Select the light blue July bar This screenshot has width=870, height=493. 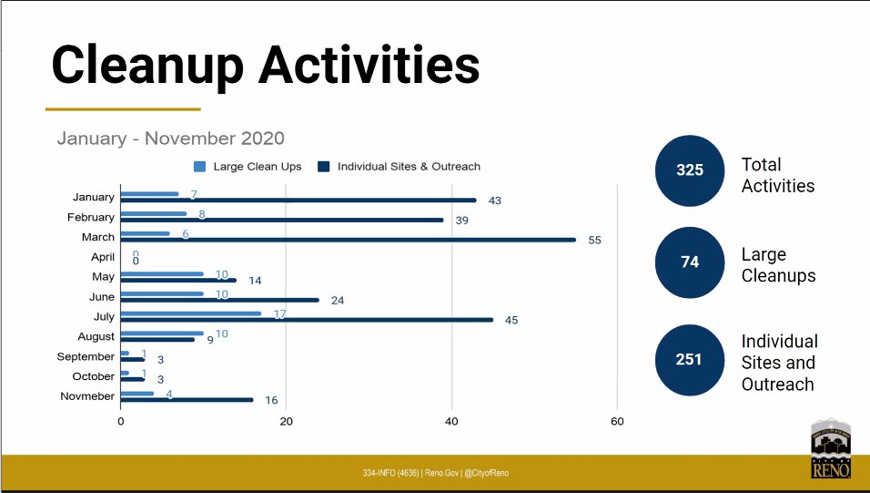pos(190,313)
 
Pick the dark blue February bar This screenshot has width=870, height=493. pos(281,220)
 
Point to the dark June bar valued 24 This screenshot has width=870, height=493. pos(219,300)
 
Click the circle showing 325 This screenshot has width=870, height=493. pos(690,170)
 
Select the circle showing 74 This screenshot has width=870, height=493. pos(690,262)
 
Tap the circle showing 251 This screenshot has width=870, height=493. pos(690,359)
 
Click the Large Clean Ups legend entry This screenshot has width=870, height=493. pos(248,167)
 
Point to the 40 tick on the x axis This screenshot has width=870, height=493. pos(451,421)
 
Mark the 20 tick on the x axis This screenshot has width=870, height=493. pos(286,421)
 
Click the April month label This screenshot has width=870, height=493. pos(102,257)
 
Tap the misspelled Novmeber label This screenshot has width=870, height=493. pos(87,396)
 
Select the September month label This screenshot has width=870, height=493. pos(86,356)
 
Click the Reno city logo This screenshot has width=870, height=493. pos(831,448)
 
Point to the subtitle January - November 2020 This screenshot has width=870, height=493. pos(170,139)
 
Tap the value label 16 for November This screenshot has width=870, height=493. pos(271,400)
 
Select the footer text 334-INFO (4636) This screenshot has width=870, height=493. pos(391,473)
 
